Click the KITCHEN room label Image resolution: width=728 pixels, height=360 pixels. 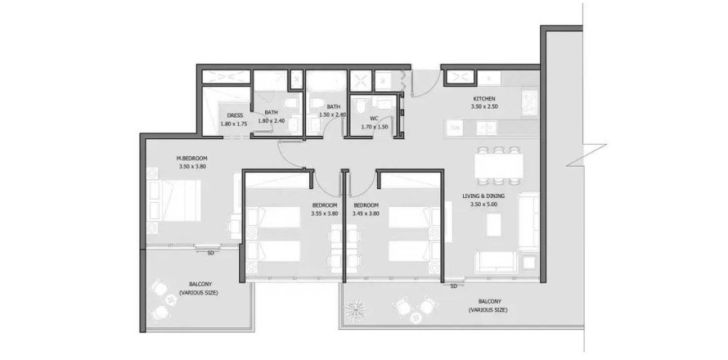tap(484, 99)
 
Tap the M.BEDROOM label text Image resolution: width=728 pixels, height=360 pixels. tap(191, 158)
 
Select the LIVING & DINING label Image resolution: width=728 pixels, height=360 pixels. tap(483, 196)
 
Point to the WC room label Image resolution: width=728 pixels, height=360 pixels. tap(374, 119)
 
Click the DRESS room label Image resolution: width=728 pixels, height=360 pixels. tap(232, 115)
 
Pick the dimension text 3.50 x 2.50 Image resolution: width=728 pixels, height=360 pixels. tap(484, 107)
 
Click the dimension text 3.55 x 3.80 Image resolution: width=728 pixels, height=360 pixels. tap(325, 214)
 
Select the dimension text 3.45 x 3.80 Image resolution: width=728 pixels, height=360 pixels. tap(366, 214)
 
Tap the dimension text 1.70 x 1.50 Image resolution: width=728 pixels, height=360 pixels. tap(374, 126)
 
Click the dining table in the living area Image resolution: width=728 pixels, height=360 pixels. tap(499, 165)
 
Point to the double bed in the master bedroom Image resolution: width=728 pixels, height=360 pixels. tap(174, 200)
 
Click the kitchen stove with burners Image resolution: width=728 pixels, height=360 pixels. tap(530, 102)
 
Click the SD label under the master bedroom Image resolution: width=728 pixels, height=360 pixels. tap(210, 253)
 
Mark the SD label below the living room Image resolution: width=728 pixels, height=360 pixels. tap(454, 286)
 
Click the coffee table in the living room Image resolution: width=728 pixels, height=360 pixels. tap(494, 224)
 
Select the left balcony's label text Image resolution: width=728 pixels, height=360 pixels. tap(198, 289)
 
